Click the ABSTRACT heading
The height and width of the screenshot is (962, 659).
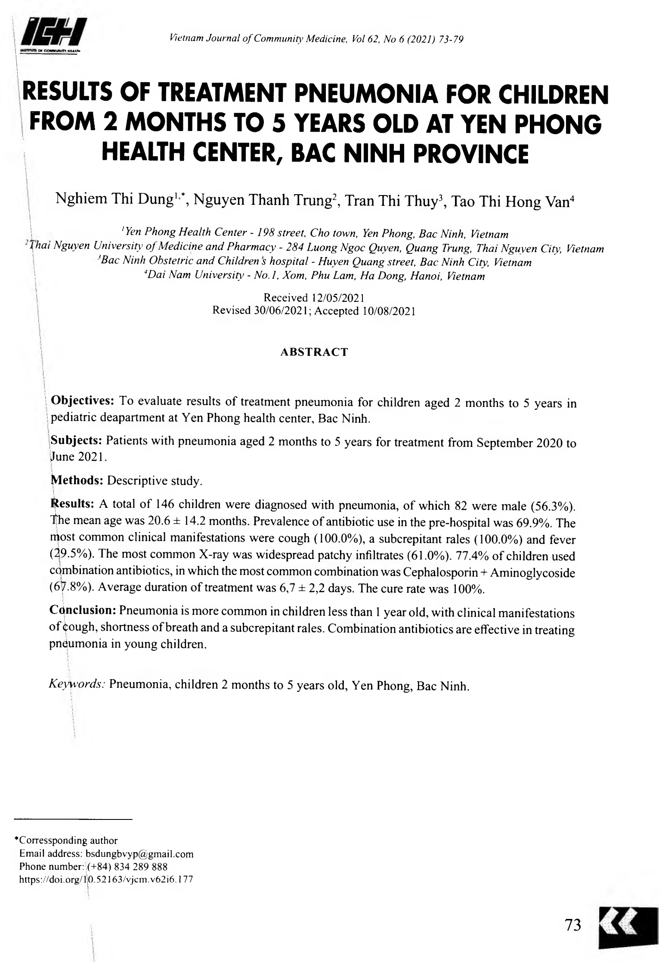pyautogui.click(x=314, y=352)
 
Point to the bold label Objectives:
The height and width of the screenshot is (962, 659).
pyautogui.click(x=82, y=400)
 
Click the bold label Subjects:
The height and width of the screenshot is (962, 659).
pyautogui.click(x=76, y=441)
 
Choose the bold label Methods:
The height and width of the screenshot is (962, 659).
pyautogui.click(x=77, y=481)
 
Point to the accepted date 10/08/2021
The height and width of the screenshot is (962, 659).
pyautogui.click(x=388, y=311)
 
